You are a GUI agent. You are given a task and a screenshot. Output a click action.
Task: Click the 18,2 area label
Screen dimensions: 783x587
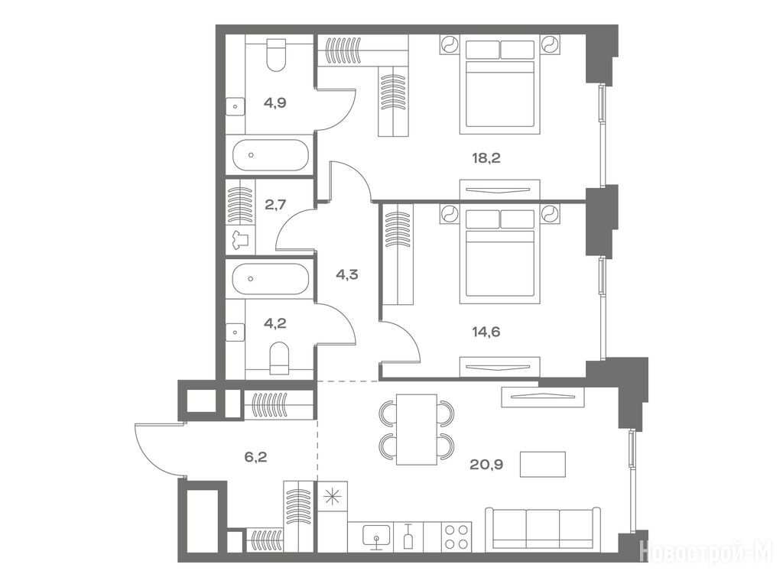pyautogui.click(x=486, y=158)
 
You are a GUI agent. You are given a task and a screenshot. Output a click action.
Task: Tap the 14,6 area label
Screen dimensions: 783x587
pyautogui.click(x=486, y=331)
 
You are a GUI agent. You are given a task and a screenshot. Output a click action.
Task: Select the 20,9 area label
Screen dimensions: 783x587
pyautogui.click(x=486, y=465)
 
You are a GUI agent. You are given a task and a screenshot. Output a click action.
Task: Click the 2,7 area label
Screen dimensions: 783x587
pyautogui.click(x=275, y=204)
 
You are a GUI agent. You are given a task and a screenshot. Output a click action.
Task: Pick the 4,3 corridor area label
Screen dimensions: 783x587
pyautogui.click(x=347, y=274)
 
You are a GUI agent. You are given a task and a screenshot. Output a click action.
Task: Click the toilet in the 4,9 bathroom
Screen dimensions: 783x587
pyautogui.click(x=275, y=55)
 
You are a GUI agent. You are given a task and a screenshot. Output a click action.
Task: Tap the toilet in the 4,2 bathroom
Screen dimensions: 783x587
pyautogui.click(x=279, y=358)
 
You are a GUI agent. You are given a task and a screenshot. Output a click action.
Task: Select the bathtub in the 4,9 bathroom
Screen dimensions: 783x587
pyautogui.click(x=270, y=155)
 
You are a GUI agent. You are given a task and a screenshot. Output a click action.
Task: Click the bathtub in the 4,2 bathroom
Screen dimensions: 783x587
pyautogui.click(x=270, y=279)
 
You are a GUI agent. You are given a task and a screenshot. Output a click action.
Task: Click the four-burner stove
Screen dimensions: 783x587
pyautogui.click(x=457, y=537)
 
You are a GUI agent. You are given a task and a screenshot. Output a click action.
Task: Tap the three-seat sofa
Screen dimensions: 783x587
pyautogui.click(x=543, y=529)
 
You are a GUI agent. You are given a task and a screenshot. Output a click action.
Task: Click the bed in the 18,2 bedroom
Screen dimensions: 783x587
pyautogui.click(x=500, y=85)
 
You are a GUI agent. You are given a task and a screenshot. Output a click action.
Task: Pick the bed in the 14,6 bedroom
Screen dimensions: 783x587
pyautogui.click(x=500, y=255)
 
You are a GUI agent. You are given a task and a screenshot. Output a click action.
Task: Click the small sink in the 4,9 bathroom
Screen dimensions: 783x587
pyautogui.click(x=236, y=106)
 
